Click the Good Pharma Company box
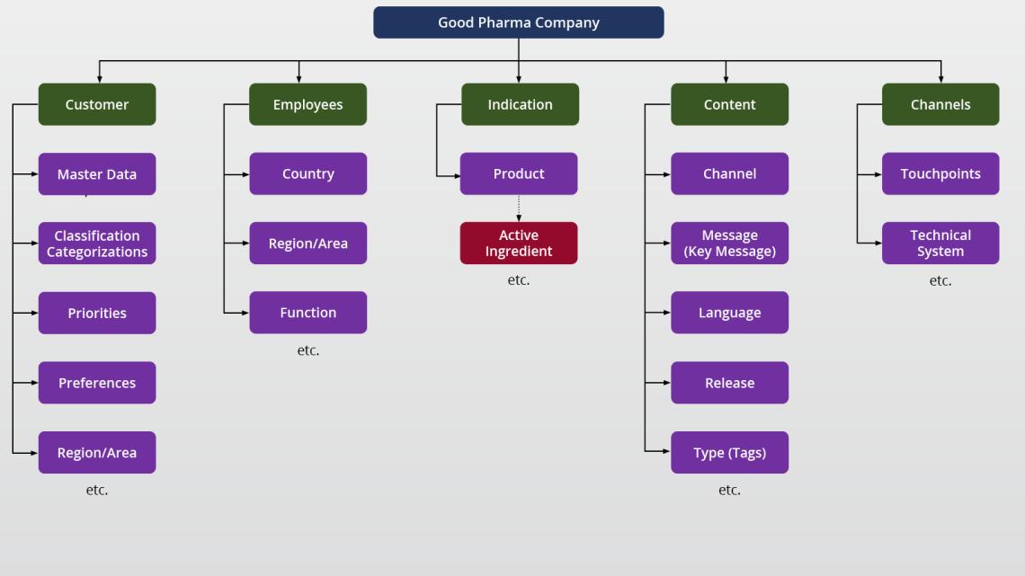(518, 22)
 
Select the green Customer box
(97, 104)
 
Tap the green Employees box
(307, 104)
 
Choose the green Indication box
(520, 104)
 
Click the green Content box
(729, 104)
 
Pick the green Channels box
(940, 104)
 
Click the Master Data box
(97, 173)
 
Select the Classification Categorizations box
(97, 244)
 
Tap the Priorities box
(97, 313)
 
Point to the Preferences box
(97, 383)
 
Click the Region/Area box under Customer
(97, 452)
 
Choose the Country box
(307, 173)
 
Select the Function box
(307, 313)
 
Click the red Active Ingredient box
(519, 244)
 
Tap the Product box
(519, 173)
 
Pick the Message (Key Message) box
(729, 244)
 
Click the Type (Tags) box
(729, 452)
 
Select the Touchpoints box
(940, 173)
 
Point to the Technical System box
(940, 244)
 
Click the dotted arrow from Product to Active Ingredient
(519, 208)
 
